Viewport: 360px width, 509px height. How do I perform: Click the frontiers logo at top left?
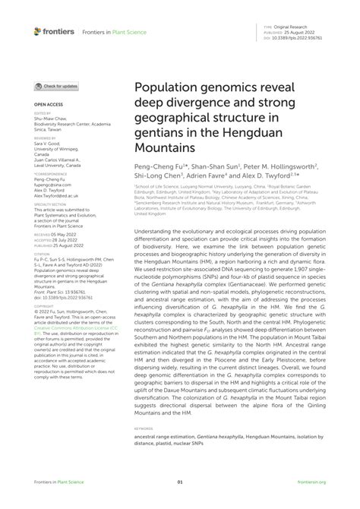(x=54, y=31)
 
